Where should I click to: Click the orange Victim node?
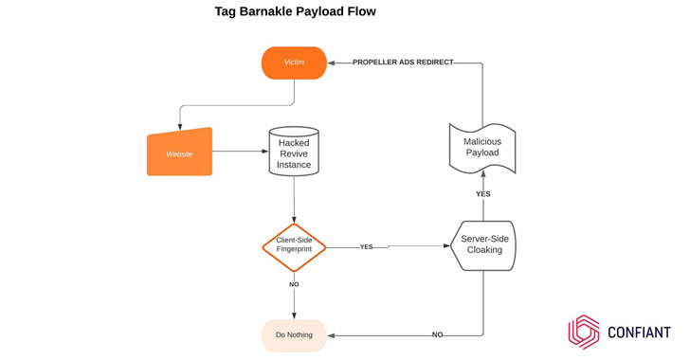click(294, 63)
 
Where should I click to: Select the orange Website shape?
click(179, 153)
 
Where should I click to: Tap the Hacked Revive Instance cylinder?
click(294, 153)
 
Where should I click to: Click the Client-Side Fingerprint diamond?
click(294, 246)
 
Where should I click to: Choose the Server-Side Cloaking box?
click(483, 245)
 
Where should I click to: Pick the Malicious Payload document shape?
click(481, 148)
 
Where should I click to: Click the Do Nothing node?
click(294, 335)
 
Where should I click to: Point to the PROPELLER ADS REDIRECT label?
click(403, 63)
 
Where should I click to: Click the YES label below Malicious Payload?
click(482, 194)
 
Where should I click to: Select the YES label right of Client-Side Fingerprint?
click(366, 247)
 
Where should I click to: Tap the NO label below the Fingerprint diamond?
click(294, 284)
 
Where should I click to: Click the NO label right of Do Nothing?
click(437, 335)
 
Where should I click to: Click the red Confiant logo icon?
click(584, 332)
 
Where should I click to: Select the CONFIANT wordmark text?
click(639, 333)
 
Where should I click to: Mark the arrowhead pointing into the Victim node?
click(333, 63)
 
